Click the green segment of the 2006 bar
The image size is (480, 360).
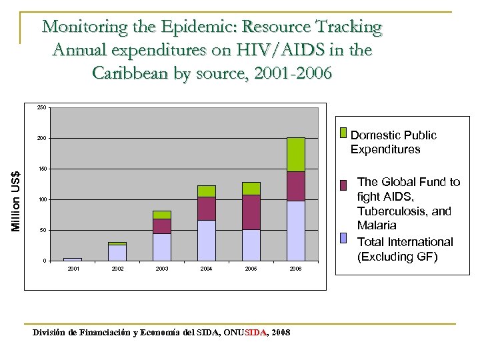tap(295, 155)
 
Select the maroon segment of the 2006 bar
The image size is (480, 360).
tap(295, 186)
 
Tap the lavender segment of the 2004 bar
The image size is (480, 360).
tap(206, 240)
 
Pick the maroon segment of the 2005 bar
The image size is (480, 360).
tap(251, 212)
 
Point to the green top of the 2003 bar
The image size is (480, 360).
tap(161, 215)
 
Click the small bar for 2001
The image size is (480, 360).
tap(72, 259)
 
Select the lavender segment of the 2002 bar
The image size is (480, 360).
tap(117, 253)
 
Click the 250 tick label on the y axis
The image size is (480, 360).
tap(41, 108)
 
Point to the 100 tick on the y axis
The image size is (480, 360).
tap(41, 200)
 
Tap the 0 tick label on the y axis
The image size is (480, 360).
tap(44, 261)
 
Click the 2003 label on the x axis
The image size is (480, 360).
tap(161, 269)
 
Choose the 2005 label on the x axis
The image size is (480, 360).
tap(251, 269)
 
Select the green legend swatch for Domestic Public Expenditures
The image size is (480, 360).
tap(343, 133)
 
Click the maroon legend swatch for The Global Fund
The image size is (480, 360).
tap(343, 185)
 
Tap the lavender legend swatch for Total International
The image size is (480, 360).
tap(343, 237)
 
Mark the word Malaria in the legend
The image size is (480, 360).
tap(377, 225)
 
